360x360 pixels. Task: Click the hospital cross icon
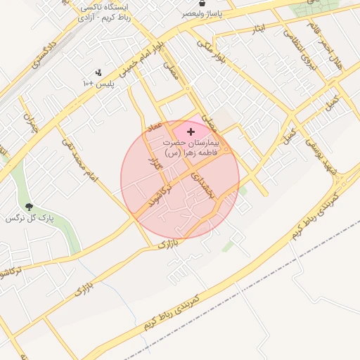coord(191,131)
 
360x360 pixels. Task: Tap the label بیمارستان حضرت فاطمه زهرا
coord(191,146)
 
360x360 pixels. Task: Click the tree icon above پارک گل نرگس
coord(29,207)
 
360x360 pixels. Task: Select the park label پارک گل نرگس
coord(30,219)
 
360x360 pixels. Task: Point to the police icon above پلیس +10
coord(98,72)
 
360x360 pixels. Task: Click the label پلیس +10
coord(98,84)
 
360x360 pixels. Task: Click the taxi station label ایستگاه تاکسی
coord(105,8)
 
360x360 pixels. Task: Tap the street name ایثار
coord(258,30)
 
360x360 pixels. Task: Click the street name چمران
coord(30,124)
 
